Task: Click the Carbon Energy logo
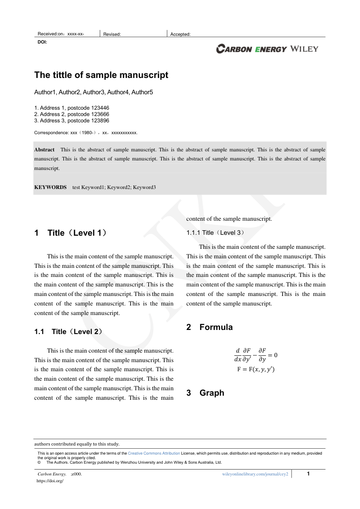[252, 49]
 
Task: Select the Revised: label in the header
[112, 34]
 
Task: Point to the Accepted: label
[180, 34]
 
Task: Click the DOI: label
[42, 42]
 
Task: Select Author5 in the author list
[142, 92]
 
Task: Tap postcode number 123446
[100, 108]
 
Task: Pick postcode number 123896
[100, 121]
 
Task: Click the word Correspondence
[51, 133]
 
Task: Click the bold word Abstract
[44, 150]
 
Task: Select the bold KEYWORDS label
[50, 187]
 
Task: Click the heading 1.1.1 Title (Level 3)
[215, 233]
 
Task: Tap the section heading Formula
[216, 327]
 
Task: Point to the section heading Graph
[212, 393]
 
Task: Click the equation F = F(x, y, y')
[256, 369]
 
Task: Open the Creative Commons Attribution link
[154, 453]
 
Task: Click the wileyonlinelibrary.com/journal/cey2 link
[255, 474]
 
